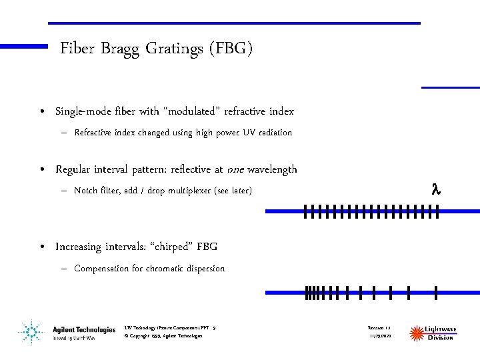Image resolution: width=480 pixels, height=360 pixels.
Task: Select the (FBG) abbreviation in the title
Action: (x=230, y=49)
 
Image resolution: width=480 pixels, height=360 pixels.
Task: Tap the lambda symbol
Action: (x=437, y=191)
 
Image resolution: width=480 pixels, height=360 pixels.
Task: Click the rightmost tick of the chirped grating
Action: (x=435, y=291)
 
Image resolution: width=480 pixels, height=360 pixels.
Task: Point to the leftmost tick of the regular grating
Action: (x=305, y=212)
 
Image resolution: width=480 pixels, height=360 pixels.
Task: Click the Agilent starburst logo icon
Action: (x=30, y=332)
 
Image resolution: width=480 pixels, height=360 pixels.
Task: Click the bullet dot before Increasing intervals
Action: (x=42, y=247)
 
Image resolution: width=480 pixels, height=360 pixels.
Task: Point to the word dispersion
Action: (x=204, y=269)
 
